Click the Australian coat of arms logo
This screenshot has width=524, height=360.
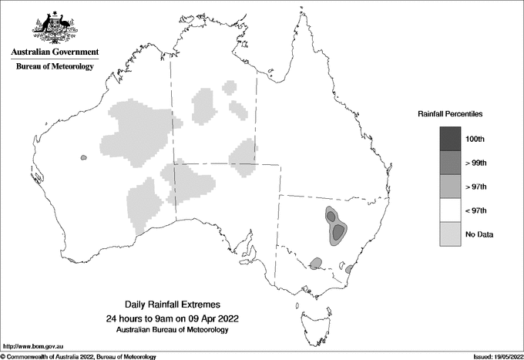click(55, 26)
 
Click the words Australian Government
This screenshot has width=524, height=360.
click(55, 52)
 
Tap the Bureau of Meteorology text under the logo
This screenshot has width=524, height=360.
click(55, 67)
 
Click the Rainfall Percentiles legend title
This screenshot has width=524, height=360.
click(450, 114)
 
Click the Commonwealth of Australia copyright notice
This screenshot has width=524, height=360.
click(80, 356)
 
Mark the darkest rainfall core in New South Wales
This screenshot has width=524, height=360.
click(338, 230)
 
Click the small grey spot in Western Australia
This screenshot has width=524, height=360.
click(83, 158)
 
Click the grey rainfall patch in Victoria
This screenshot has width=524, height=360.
click(315, 264)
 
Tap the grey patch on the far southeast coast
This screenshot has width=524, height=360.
click(349, 269)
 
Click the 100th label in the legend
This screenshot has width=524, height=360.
click(475, 139)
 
